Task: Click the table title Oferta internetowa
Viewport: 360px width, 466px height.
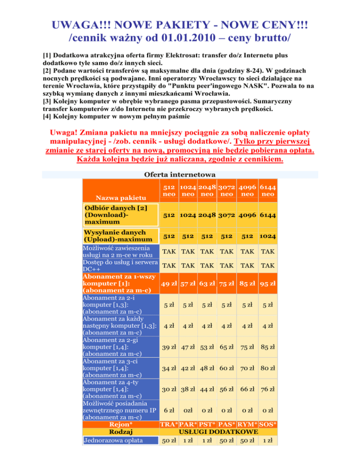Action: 180,173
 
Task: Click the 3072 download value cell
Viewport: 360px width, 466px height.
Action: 227,215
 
